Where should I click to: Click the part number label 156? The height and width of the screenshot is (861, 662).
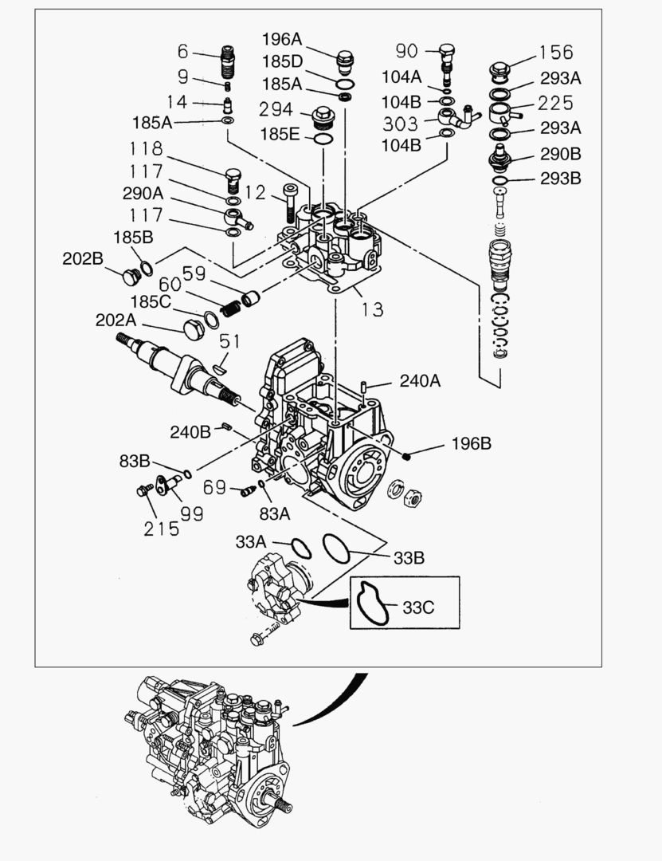click(555, 52)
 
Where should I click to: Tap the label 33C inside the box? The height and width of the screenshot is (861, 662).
click(417, 607)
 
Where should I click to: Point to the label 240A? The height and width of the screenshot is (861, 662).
click(419, 381)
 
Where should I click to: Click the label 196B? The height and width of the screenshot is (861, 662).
click(472, 444)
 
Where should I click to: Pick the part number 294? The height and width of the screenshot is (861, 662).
click(276, 108)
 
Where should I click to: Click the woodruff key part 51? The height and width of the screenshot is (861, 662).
click(219, 368)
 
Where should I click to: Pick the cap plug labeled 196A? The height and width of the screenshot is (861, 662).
click(346, 61)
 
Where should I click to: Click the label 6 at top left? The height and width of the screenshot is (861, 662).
click(182, 52)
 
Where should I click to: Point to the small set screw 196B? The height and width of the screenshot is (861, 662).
click(407, 455)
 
